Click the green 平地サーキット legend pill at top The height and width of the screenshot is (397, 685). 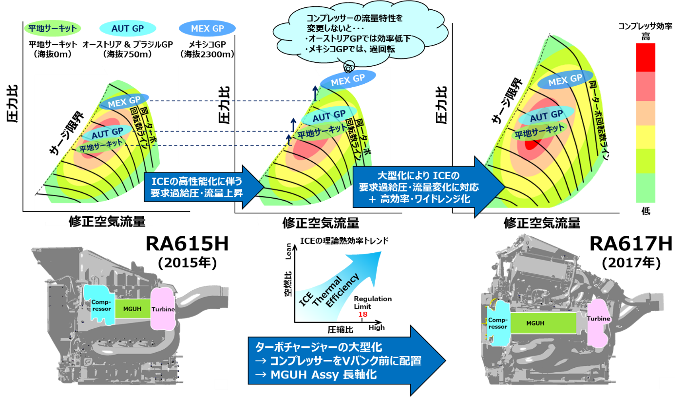53,28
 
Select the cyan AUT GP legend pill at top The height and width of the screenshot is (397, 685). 128,28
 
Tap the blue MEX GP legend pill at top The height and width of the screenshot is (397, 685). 207,28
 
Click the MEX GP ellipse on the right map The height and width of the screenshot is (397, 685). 565,80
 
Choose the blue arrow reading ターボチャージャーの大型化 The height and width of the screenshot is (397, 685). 341,360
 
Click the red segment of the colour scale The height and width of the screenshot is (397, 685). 646,57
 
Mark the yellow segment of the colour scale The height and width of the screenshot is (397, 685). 646,137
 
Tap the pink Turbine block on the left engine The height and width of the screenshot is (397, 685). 163,309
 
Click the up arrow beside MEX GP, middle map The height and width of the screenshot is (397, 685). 315,93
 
